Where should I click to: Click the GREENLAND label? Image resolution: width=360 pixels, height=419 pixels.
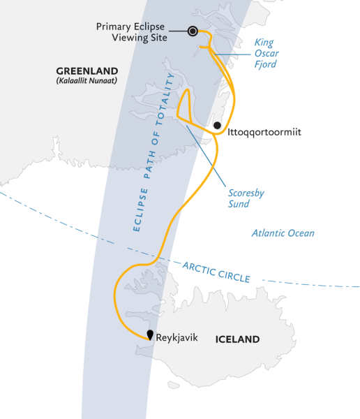87,71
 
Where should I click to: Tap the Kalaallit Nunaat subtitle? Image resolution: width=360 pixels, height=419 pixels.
87,82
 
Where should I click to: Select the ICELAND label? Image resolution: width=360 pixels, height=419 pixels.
237,340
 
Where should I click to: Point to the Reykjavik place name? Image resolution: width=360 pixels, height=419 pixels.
178,337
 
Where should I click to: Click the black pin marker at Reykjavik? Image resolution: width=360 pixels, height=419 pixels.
150,335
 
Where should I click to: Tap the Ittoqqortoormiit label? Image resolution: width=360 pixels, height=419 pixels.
264,131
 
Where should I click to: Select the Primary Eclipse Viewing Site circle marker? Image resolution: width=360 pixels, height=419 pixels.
192,30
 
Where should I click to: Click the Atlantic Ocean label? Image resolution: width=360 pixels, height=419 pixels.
283,234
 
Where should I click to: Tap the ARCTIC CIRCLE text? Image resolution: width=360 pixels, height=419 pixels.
216,271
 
